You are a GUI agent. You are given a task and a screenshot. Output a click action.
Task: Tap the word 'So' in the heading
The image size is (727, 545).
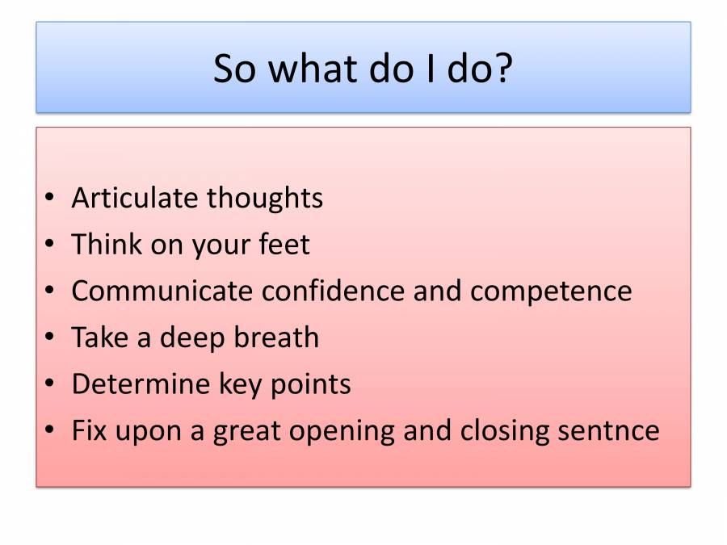tap(237, 69)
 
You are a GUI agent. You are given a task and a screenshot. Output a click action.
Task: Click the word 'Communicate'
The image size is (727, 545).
tap(162, 291)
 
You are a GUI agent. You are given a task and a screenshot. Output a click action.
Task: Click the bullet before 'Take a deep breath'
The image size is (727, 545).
tap(51, 337)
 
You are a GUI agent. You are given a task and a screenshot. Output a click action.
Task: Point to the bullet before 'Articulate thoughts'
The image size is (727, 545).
tap(51, 199)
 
